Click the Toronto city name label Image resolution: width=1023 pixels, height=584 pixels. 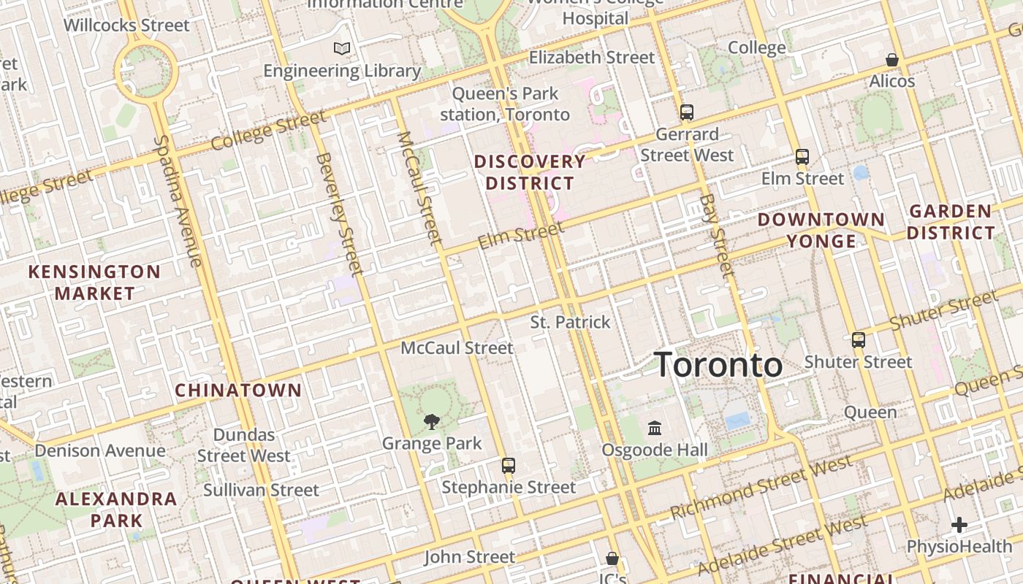tap(718, 364)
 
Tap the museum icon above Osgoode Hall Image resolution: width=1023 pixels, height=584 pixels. tap(655, 428)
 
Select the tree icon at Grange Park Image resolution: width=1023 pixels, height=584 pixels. tap(432, 421)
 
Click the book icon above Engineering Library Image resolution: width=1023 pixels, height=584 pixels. tap(342, 49)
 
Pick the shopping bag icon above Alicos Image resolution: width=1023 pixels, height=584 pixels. tap(891, 60)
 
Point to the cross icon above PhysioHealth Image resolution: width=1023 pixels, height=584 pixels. tap(959, 525)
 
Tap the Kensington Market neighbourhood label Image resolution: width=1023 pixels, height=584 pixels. tap(94, 283)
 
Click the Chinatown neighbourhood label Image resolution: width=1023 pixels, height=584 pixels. tap(238, 390)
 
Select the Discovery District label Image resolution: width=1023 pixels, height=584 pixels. tap(530, 172)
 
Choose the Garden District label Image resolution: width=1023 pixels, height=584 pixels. tap(951, 222)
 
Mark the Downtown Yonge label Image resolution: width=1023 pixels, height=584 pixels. tap(821, 230)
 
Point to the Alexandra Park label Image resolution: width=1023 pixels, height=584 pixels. tap(116, 510)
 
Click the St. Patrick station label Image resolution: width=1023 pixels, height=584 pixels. tap(570, 322)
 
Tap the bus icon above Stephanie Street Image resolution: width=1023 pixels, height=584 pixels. tap(508, 465)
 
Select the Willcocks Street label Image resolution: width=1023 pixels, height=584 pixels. tap(126, 26)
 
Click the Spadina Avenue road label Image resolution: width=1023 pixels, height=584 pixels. tap(178, 201)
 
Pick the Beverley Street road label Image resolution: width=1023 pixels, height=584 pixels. tap(339, 213)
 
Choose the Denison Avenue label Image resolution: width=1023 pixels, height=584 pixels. tap(100, 450)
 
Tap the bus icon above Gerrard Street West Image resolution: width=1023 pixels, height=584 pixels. tap(686, 112)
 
